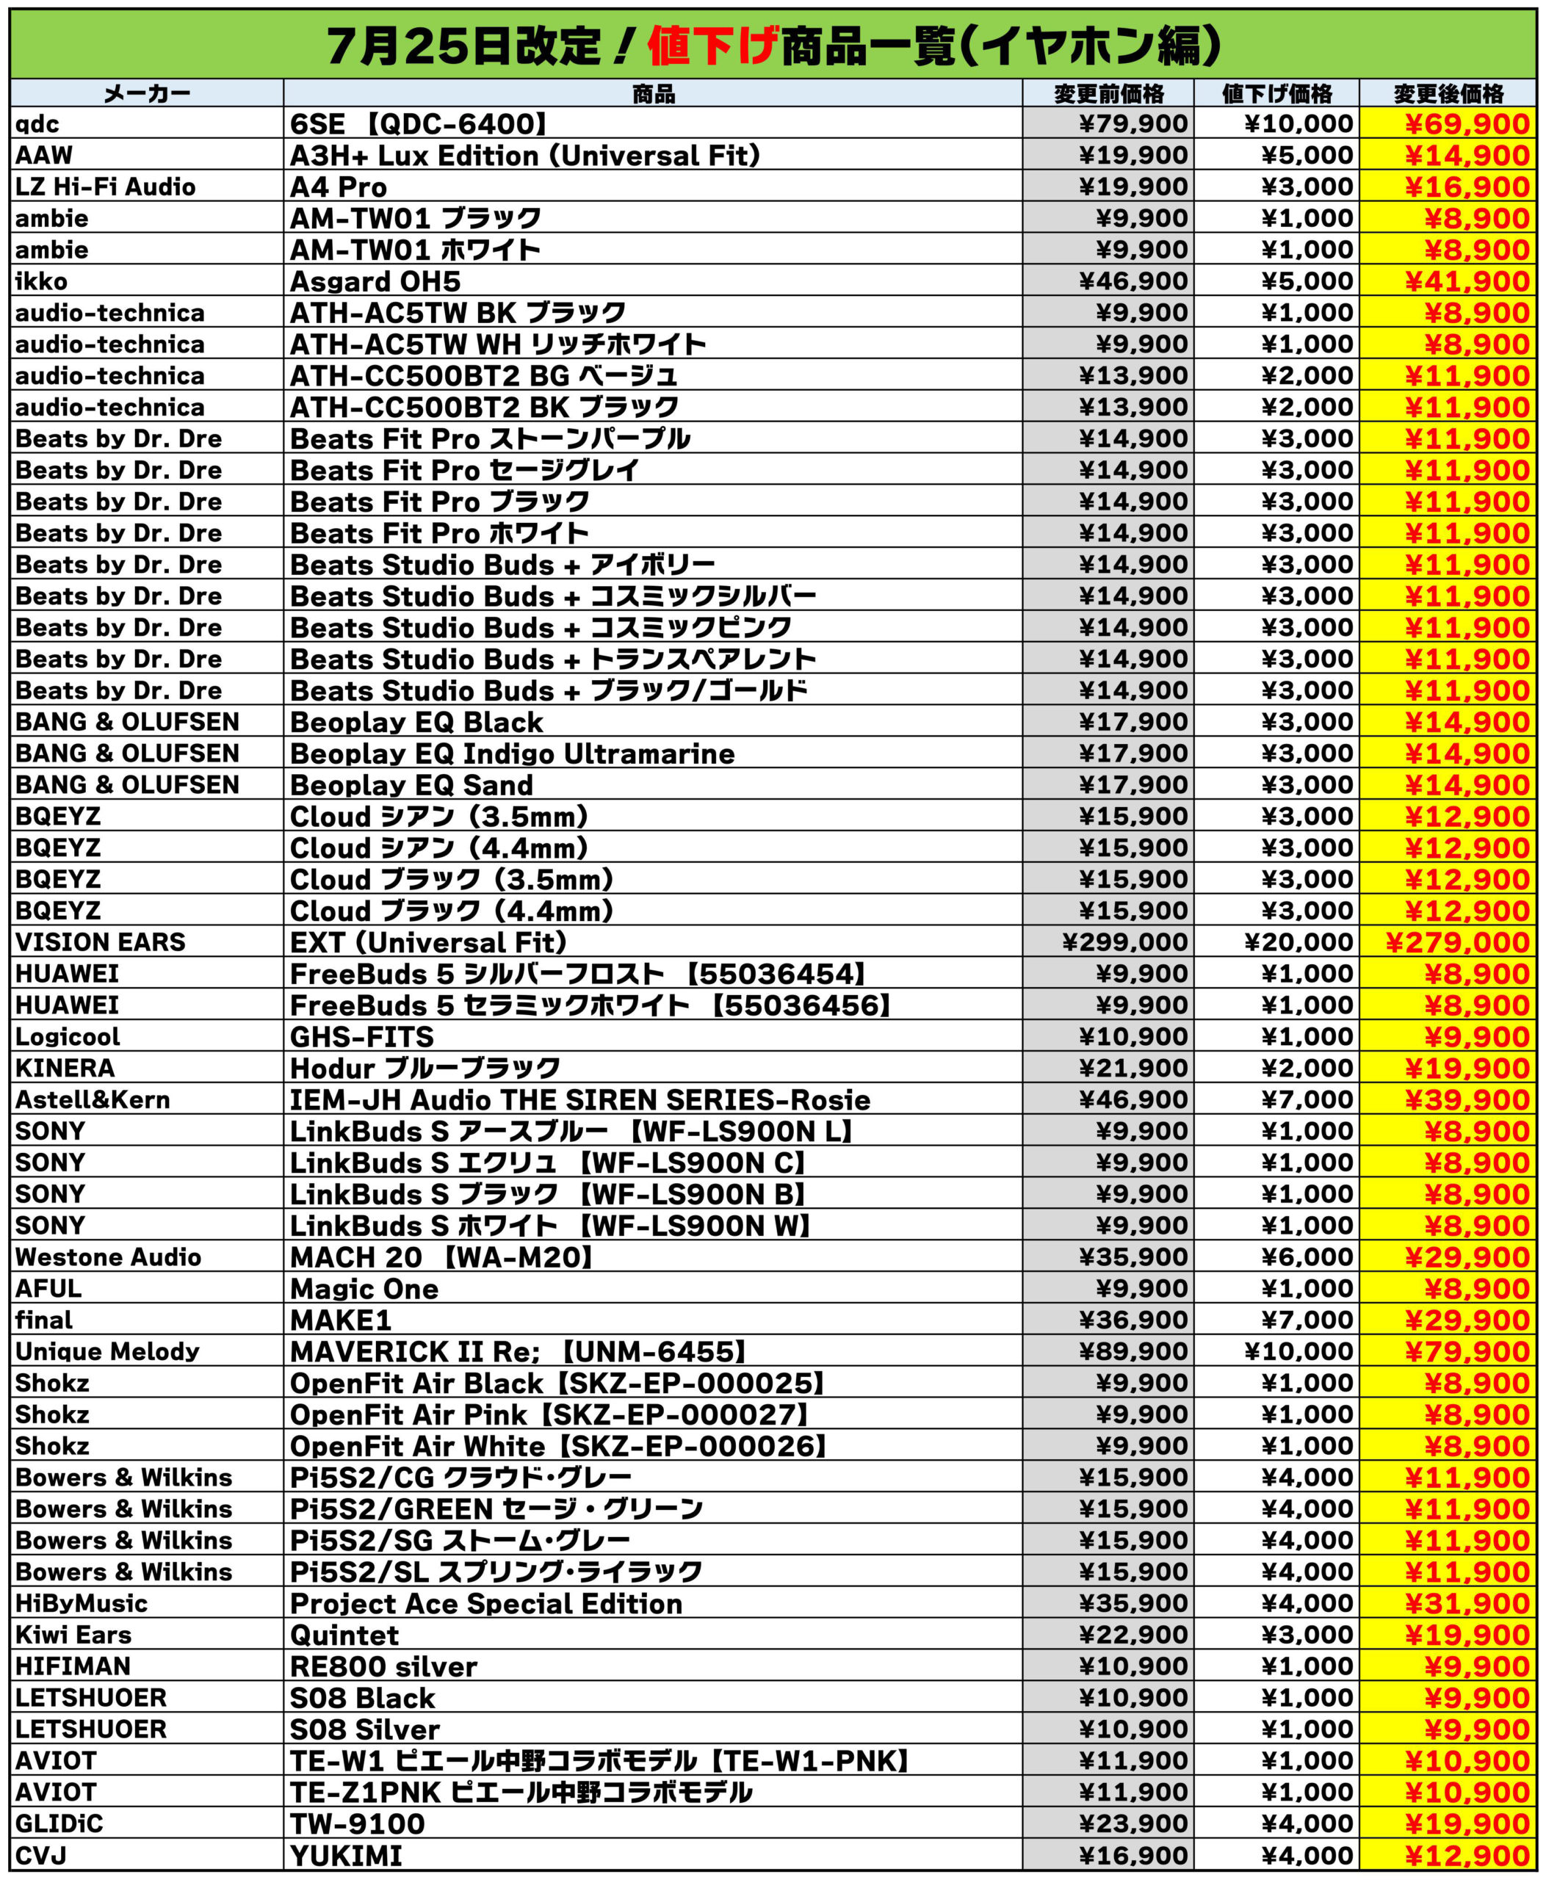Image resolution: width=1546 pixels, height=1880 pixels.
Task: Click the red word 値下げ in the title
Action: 712,45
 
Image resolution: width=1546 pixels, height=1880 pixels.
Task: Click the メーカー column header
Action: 147,93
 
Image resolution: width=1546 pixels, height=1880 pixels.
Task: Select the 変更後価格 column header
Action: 1448,93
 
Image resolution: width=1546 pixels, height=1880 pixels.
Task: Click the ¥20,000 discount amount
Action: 1298,942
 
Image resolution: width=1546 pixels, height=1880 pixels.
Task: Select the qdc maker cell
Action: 37,124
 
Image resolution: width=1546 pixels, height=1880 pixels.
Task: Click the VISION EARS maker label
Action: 101,942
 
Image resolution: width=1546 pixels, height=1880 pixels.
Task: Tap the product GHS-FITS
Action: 361,1037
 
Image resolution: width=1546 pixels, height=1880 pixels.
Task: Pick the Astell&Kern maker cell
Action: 93,1100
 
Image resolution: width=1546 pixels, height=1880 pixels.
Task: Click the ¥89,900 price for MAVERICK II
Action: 1133,1352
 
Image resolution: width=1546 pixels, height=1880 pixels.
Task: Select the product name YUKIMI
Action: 345,1856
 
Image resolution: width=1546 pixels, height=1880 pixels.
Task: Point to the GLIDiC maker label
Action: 59,1824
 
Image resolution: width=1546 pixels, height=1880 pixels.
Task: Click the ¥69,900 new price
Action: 1467,124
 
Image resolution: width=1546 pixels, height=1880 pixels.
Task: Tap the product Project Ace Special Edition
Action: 485,1604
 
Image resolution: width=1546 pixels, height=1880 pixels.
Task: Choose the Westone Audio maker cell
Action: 108,1257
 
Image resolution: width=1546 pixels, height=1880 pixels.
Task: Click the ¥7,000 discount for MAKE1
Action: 1307,1320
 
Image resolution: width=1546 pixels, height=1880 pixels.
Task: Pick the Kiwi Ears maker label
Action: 73,1635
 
